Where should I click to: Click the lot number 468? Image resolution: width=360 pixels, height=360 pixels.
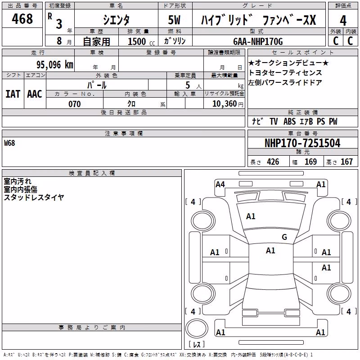coord(22,19)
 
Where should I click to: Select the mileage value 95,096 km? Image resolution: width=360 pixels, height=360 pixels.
coord(54,65)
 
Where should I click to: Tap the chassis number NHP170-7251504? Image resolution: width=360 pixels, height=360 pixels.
coord(302,143)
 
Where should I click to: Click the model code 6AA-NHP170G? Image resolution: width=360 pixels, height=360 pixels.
coord(258,41)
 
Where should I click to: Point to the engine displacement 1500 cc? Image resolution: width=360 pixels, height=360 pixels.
coord(141,41)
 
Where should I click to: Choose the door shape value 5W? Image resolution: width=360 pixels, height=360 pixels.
coord(174,20)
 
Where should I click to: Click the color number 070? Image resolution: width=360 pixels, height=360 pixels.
coord(75,104)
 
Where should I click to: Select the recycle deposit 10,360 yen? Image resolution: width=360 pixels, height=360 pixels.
coord(228,104)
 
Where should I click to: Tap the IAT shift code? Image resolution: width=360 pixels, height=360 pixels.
coord(13,94)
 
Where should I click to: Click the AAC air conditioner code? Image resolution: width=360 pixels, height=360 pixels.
coord(35,94)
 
